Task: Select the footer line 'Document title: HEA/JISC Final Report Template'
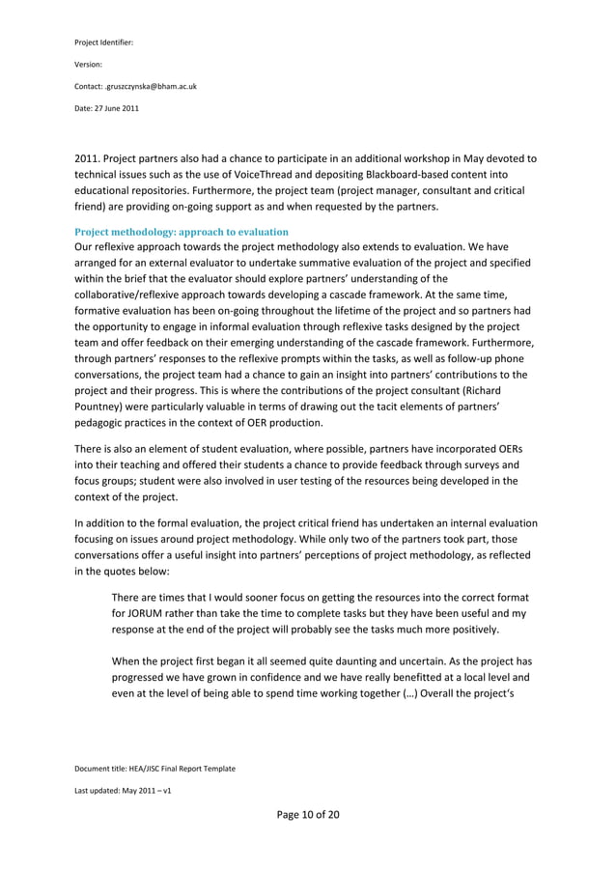coord(154,768)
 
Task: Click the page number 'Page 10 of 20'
coord(308,814)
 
